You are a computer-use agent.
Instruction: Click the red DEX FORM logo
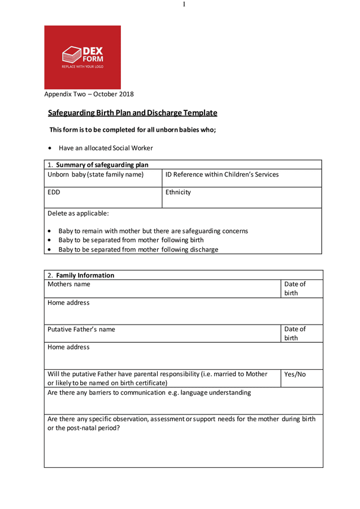coord(83,57)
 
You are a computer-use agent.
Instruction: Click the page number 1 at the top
coord(184,5)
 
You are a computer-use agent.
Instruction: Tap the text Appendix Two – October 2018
coord(89,94)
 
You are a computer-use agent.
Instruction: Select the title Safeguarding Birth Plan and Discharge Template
coord(132,113)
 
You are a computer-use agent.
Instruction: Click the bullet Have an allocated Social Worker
coord(106,148)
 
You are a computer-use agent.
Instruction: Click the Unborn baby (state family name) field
coord(96,174)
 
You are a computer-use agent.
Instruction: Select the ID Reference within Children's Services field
coord(222,174)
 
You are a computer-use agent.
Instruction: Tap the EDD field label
coord(54,192)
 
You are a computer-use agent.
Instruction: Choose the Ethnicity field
coord(178,192)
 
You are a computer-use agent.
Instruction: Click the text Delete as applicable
coord(78,213)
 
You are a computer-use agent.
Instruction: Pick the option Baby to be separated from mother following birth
coord(131,240)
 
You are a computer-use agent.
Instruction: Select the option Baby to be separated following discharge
coord(138,249)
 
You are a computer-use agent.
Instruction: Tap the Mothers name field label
coord(68,284)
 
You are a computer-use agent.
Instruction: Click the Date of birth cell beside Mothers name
coord(294,288)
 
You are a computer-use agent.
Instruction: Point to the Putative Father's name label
coord(81,329)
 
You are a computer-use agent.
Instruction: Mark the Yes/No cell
coord(294,374)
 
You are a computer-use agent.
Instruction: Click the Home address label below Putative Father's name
coord(68,347)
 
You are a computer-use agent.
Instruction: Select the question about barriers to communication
coord(149,392)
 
